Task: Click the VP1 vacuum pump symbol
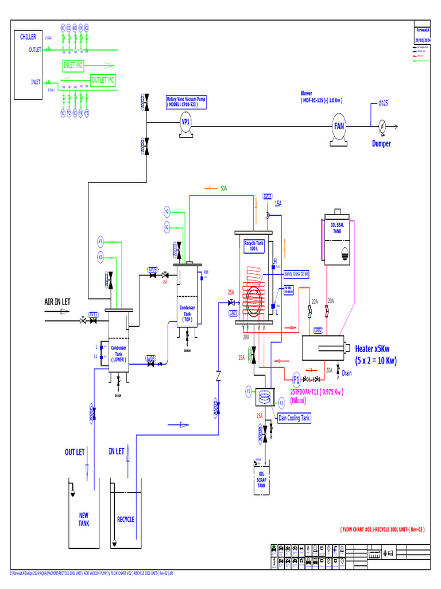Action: pos(185,123)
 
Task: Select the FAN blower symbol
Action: pos(339,126)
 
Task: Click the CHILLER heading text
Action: pos(28,37)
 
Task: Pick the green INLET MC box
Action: pos(73,66)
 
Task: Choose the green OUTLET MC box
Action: pos(103,80)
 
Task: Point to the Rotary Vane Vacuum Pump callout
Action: pos(185,102)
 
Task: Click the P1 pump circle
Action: pos(296,380)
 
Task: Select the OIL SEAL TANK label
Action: pos(337,228)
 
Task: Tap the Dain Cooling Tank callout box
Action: pos(294,418)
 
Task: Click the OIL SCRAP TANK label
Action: pos(261,480)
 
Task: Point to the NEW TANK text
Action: pos(84,519)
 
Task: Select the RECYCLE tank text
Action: pos(126,519)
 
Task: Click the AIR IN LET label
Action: pos(57,301)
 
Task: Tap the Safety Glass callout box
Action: pos(296,274)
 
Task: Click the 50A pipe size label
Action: pos(224,188)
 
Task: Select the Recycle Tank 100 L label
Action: pos(253,246)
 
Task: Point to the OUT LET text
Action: pos(75,452)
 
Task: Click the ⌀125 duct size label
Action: pos(384,103)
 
